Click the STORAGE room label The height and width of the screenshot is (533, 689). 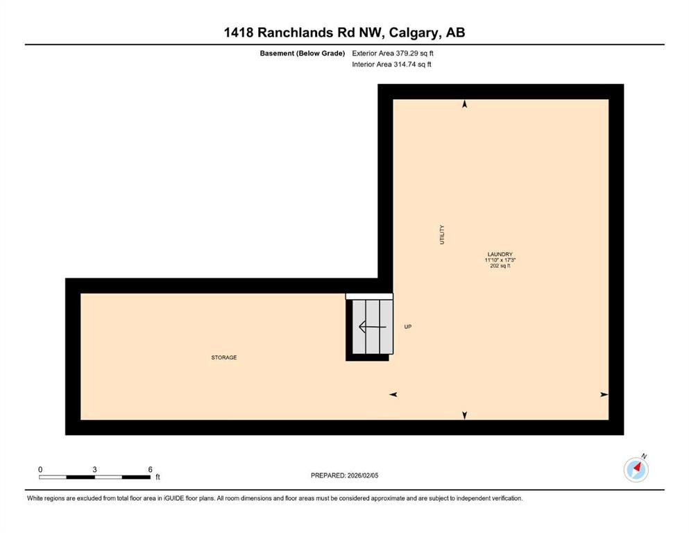(x=224, y=357)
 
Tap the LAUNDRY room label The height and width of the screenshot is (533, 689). (x=500, y=254)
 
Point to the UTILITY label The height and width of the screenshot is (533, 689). (x=442, y=234)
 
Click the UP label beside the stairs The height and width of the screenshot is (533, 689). (x=408, y=326)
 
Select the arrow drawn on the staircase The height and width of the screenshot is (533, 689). (x=368, y=327)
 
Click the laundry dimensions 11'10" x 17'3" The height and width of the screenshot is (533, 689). (x=500, y=260)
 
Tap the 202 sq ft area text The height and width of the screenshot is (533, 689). (x=500, y=266)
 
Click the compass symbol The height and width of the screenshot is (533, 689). (x=636, y=470)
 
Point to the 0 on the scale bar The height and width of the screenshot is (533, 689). (x=40, y=470)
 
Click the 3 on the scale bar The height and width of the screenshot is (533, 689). (x=94, y=470)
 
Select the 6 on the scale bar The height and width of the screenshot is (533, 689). (x=150, y=470)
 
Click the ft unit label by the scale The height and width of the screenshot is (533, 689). (x=158, y=477)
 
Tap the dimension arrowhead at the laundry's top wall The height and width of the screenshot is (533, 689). (x=465, y=104)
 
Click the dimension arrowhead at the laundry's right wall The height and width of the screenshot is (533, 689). (x=604, y=394)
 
